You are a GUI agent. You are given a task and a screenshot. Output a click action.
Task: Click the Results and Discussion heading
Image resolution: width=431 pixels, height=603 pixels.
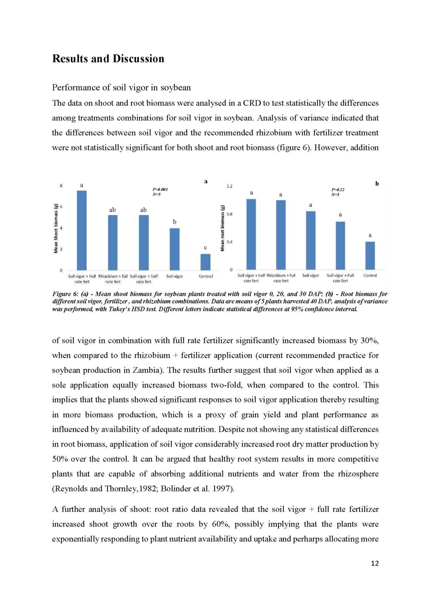[x=108, y=59]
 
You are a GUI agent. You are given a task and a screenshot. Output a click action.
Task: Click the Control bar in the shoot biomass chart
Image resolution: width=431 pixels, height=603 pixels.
[x=205, y=262]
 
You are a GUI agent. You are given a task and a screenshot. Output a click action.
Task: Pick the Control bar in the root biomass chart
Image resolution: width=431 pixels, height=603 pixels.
[x=370, y=256]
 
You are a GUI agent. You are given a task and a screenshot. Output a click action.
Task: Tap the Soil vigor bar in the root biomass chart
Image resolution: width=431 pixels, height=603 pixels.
[x=310, y=240]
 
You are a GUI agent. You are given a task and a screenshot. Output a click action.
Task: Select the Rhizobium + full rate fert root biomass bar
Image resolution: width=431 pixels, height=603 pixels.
[x=281, y=235]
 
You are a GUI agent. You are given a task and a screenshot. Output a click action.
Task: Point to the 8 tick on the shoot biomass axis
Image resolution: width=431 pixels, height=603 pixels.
[x=61, y=186]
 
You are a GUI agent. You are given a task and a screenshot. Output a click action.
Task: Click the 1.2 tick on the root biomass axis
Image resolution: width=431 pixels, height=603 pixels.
[x=229, y=186]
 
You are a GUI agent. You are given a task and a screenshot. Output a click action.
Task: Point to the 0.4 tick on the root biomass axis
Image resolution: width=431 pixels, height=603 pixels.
[x=229, y=242]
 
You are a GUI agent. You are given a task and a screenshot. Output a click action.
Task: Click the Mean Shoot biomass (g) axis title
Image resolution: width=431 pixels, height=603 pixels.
[x=56, y=228]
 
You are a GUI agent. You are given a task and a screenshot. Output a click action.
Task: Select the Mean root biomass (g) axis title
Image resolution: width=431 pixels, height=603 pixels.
[x=223, y=228]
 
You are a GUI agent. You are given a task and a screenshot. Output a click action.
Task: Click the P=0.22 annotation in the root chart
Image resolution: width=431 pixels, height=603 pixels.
[x=338, y=190]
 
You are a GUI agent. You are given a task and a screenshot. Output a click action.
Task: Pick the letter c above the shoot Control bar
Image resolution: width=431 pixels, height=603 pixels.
[x=205, y=248]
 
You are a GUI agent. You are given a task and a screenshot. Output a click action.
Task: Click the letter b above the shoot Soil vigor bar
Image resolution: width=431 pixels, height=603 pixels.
[x=175, y=222]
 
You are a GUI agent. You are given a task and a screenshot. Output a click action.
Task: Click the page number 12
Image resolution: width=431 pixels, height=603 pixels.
[x=375, y=563]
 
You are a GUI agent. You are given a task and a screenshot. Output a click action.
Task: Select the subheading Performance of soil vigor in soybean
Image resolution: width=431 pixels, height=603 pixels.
[x=121, y=88]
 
